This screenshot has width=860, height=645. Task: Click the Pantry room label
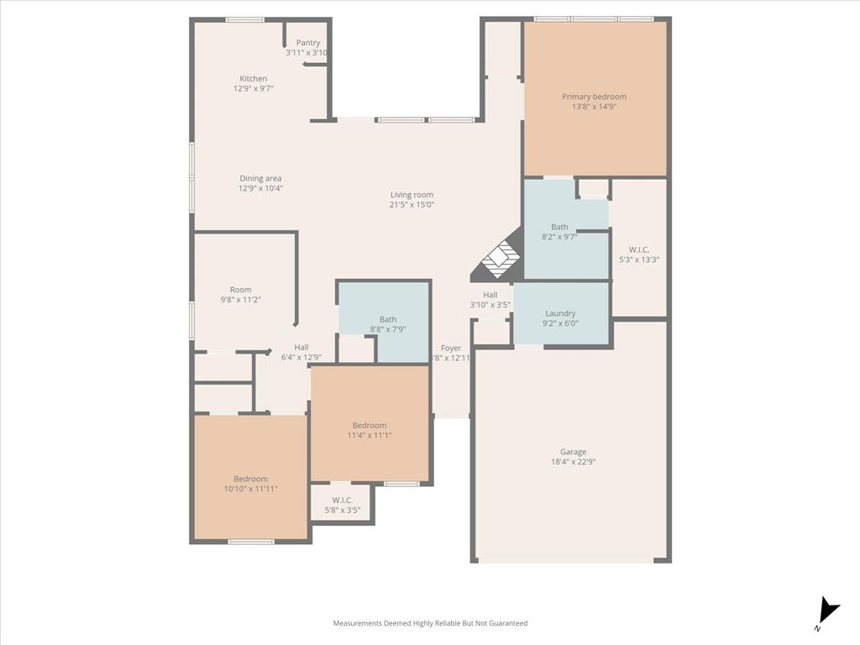pos(308,43)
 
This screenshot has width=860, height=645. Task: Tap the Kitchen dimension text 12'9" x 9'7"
pos(254,88)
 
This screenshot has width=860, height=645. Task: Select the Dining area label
pos(260,178)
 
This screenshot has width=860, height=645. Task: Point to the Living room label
pos(412,195)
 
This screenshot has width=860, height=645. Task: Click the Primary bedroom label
pos(594,97)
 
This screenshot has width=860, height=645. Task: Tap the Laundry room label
pos(560,313)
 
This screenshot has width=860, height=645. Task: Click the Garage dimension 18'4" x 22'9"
pos(574,462)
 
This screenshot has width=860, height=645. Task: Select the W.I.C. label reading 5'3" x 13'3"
pos(638,260)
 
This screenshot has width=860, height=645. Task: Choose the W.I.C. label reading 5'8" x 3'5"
pos(342,510)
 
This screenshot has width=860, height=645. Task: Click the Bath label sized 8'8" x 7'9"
pos(388,319)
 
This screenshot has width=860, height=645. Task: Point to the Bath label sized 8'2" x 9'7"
pos(559,227)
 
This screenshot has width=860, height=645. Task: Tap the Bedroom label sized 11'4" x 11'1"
pos(370,425)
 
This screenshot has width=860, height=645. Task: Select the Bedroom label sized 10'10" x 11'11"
pos(250,479)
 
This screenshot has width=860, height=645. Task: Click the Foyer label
pos(451,348)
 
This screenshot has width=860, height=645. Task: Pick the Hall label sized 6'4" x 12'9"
pos(302,348)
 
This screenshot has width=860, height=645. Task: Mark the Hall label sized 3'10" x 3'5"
pos(490,295)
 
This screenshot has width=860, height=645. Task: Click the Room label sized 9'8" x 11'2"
pos(241,290)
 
